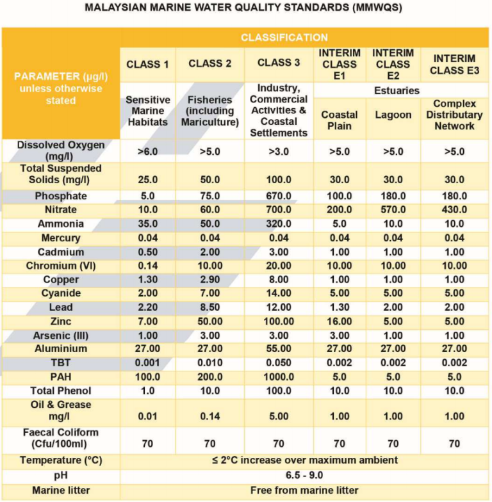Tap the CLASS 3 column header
pos(278,63)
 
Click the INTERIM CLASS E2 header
pos(393,64)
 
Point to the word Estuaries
pos(397,91)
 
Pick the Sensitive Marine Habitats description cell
pos(148,111)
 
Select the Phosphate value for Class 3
pos(278,196)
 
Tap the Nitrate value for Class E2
pos(393,210)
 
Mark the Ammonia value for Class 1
pos(148,224)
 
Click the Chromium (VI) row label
pos(61,266)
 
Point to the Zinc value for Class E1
pos(340,321)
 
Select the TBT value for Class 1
pos(148,363)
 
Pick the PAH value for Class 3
pos(278,377)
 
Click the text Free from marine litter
pos(304,491)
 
